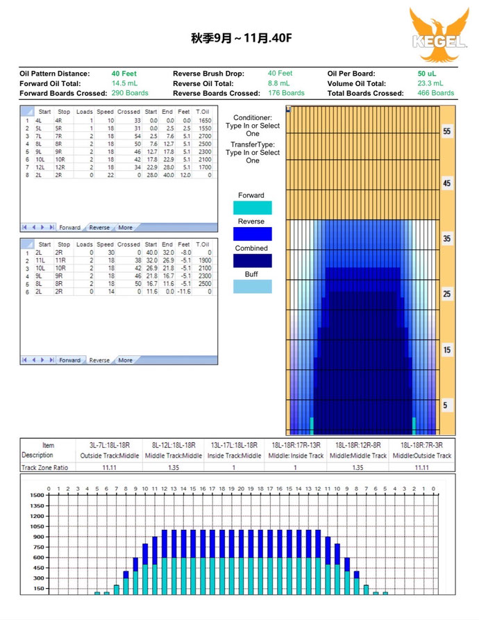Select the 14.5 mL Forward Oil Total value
coord(125,83)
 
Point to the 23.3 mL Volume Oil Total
coord(431,83)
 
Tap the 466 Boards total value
coord(436,93)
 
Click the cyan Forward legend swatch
coord(252,208)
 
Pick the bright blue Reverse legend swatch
coord(252,234)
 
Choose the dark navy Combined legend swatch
coord(252,260)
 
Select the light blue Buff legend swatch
coord(252,286)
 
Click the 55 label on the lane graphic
coord(447,131)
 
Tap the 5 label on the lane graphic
coord(447,405)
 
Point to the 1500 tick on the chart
coord(37,496)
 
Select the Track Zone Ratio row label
coord(47,467)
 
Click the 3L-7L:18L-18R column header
coord(108,445)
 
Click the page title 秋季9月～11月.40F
coord(242,37)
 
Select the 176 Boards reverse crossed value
coord(286,93)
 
